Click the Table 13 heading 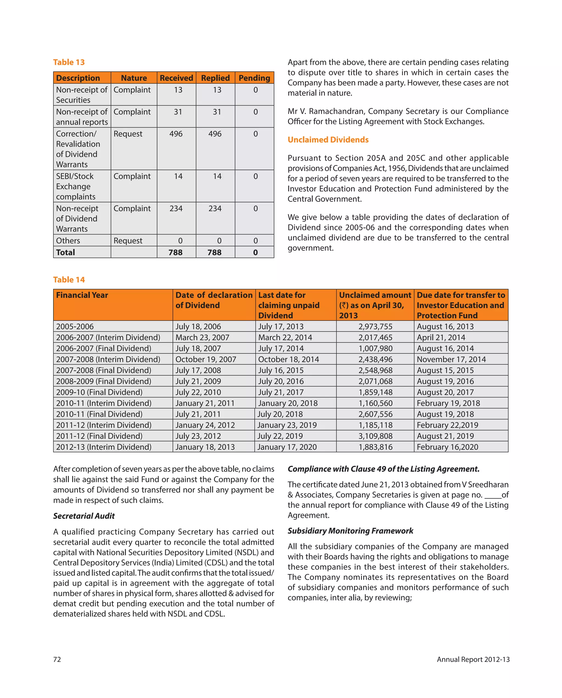pos(69,62)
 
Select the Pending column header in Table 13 pos(254,78)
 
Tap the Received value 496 pos(176,134)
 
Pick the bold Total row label pos(66,252)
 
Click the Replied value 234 pos(215,208)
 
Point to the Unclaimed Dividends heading pos(328,140)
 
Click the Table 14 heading pos(69,279)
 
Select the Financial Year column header pos(82,295)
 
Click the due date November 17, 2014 pos(451,359)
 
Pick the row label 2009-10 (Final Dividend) pos(99,392)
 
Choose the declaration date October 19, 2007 pos(206,359)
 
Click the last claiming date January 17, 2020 pos(287,447)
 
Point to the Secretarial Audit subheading pos(84,516)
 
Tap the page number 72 pos(57,659)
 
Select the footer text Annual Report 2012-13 pos(473,659)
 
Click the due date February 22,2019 pos(447,425)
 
